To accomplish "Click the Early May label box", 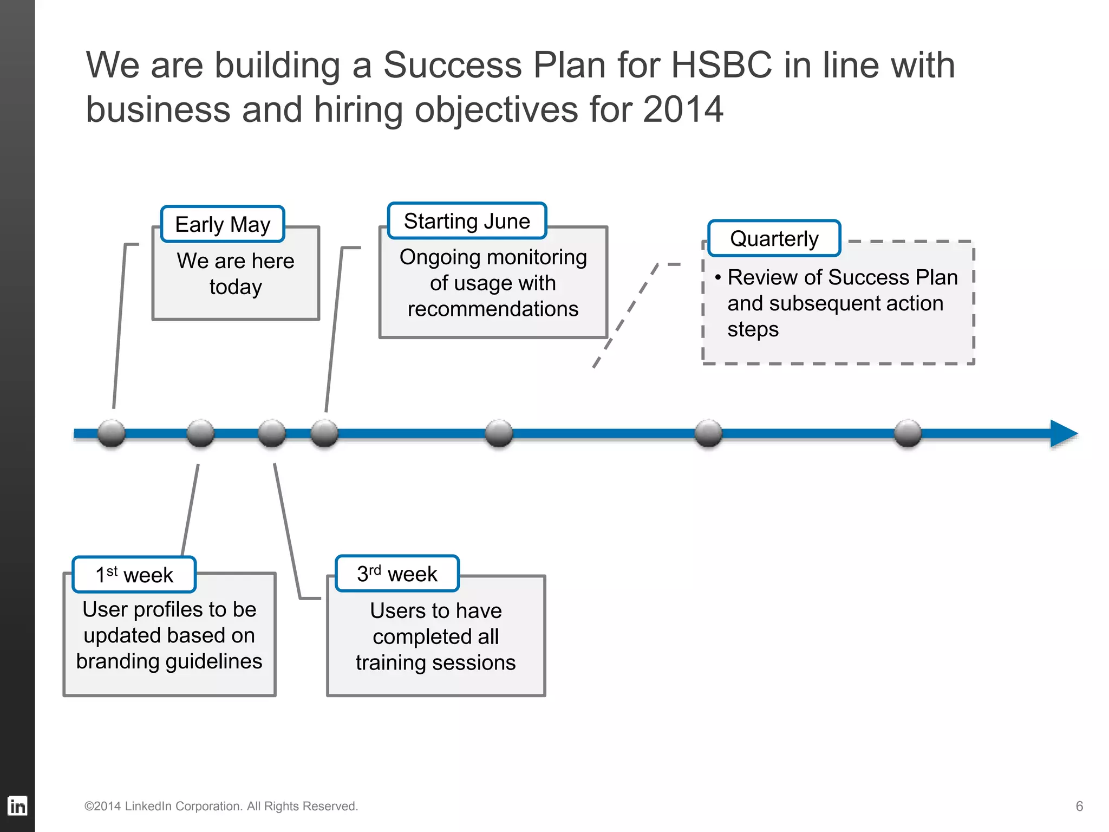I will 223,224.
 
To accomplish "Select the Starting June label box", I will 467,221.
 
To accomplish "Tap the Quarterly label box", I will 774,238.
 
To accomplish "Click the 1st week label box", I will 134,575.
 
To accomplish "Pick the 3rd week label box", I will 397,574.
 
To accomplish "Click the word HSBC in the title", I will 721,66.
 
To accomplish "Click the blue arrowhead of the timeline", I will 1063,433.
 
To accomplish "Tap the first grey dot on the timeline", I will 112,433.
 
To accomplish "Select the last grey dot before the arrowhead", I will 908,433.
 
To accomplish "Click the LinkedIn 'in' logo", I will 17,806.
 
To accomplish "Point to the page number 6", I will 1079,806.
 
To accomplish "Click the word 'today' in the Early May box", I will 236,287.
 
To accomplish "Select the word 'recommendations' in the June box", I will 493,309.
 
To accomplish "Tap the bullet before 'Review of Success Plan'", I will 717,278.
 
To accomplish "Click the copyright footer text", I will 221,806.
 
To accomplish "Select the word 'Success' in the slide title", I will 452,66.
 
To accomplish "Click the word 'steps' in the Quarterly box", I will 753,329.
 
